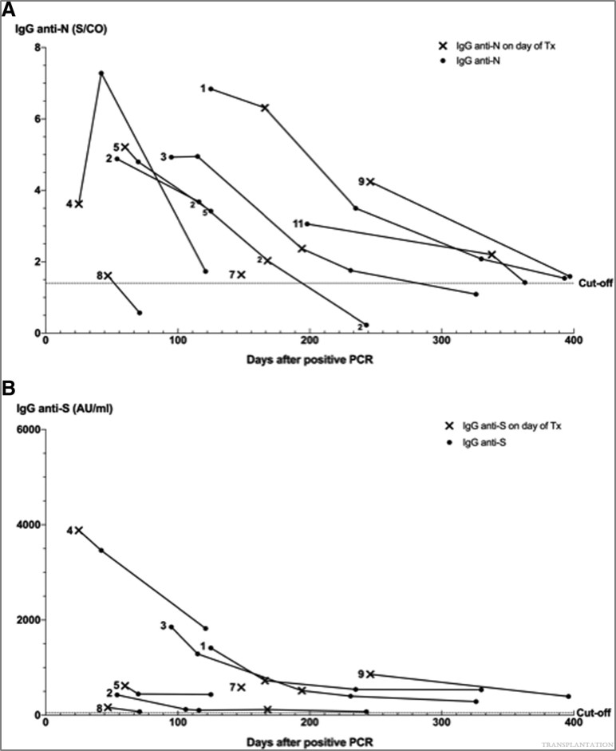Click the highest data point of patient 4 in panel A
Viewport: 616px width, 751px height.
click(x=101, y=73)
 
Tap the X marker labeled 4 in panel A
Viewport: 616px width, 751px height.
click(x=79, y=204)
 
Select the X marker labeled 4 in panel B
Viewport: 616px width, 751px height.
click(x=79, y=530)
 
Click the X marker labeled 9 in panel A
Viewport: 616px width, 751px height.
click(x=369, y=182)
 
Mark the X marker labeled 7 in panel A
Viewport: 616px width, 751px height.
click(x=241, y=275)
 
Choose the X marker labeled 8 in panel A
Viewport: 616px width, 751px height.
click(x=108, y=275)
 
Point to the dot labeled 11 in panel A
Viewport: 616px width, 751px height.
click(x=307, y=224)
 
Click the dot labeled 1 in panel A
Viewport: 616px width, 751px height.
click(x=211, y=89)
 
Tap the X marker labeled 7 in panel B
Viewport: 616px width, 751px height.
click(x=241, y=686)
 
